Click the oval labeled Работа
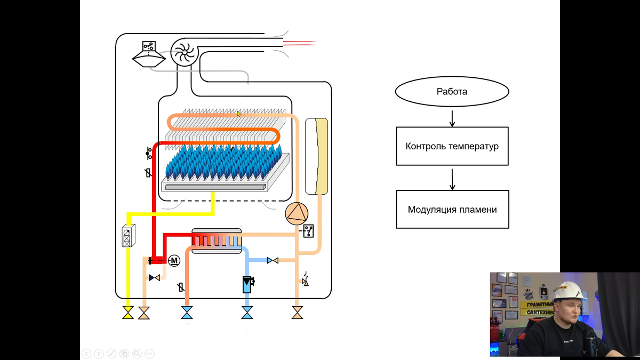(x=452, y=92)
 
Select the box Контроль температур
(x=452, y=146)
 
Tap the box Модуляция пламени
(x=452, y=210)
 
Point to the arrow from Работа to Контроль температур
(x=452, y=118)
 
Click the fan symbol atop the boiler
(x=184, y=53)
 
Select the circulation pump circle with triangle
(x=296, y=214)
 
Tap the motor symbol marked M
(x=174, y=261)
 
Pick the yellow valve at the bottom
(x=128, y=313)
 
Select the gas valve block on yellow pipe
(x=129, y=236)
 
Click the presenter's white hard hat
(x=567, y=291)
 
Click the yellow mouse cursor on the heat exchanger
(x=239, y=113)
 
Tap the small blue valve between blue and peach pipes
(x=273, y=260)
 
